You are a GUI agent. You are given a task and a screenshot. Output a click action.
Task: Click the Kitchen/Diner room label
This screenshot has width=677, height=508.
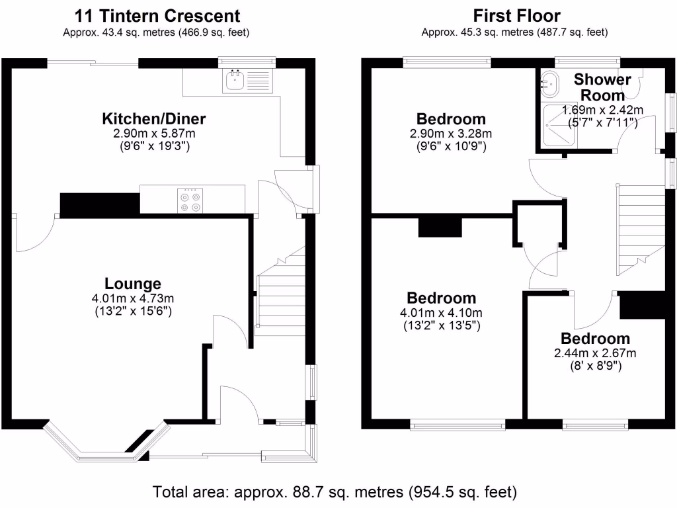(153, 120)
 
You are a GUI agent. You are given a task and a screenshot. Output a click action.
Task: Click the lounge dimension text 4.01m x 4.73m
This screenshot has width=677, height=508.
(132, 298)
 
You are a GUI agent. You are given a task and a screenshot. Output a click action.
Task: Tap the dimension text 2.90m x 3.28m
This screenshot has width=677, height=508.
(451, 134)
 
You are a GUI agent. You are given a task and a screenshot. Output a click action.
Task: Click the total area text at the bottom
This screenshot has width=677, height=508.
(335, 492)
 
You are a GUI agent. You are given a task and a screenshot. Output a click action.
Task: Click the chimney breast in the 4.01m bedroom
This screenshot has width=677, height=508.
(440, 227)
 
